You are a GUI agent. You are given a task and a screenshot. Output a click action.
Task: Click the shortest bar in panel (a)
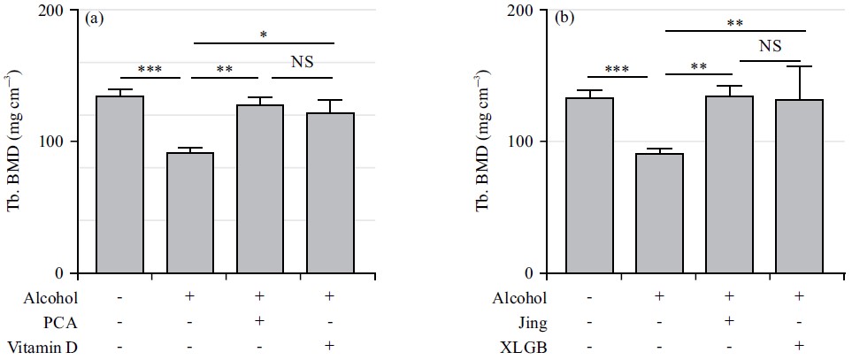(189, 212)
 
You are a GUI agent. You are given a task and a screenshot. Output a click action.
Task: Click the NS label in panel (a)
(303, 62)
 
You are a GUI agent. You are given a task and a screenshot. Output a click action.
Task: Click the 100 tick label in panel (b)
(533, 142)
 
